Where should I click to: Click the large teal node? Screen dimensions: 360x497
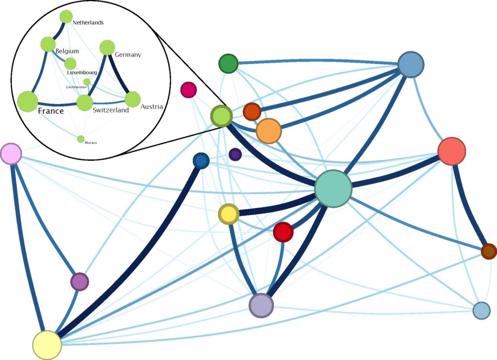coord(333,189)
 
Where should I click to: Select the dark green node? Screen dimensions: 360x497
coord(228,64)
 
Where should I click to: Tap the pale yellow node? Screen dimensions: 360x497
coord(47,344)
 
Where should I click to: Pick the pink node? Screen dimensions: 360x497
coord(11,154)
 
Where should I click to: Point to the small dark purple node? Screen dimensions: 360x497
coord(235,154)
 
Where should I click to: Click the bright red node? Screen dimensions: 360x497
coord(283,232)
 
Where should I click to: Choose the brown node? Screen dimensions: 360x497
coord(489,251)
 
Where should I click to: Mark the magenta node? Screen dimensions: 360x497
coord(188,90)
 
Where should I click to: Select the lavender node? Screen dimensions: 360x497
coord(261,305)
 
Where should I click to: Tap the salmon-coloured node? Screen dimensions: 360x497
coord(451,151)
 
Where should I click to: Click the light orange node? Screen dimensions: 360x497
coord(268,131)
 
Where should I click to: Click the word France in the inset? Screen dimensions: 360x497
coord(51,111)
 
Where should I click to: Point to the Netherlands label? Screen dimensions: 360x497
coord(88,22)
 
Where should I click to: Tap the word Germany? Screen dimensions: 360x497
coord(128,55)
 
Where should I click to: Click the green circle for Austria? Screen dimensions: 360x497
coord(133,99)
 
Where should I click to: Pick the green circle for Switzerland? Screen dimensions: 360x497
coord(84,102)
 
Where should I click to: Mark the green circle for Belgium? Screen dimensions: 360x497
coord(48,44)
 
